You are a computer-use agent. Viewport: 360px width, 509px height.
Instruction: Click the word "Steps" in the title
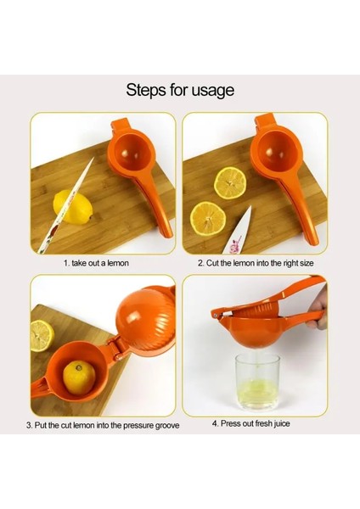pyautogui.click(x=146, y=90)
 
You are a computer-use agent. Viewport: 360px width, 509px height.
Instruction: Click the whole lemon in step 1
pyautogui.click(x=73, y=206)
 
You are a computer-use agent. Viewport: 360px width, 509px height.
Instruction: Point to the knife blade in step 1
pyautogui.click(x=65, y=206)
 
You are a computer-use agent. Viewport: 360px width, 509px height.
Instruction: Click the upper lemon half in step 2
pyautogui.click(x=230, y=182)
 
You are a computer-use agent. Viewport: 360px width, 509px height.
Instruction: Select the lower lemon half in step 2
pyautogui.click(x=208, y=217)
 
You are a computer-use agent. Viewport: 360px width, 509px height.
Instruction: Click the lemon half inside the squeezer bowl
pyautogui.click(x=79, y=378)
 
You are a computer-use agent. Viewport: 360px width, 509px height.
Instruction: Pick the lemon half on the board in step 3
pyautogui.click(x=42, y=335)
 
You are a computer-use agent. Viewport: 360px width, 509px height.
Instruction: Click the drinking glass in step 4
pyautogui.click(x=257, y=382)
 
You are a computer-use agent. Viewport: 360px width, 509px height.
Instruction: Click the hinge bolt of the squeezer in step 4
pyautogui.click(x=216, y=314)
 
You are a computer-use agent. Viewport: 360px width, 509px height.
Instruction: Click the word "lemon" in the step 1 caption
pyautogui.click(x=118, y=263)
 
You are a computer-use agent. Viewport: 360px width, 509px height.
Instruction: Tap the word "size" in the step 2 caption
pyautogui.click(x=307, y=263)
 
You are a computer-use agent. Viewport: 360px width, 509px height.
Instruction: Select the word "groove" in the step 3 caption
pyautogui.click(x=167, y=425)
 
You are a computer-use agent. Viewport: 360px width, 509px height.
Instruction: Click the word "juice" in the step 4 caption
pyautogui.click(x=281, y=424)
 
